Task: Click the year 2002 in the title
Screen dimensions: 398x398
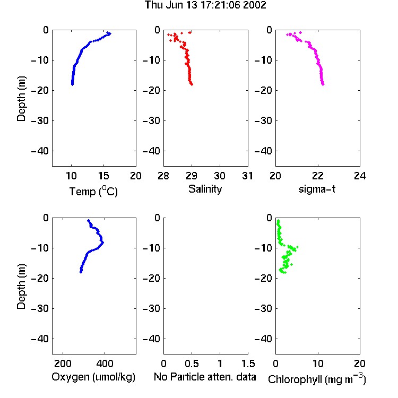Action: pyautogui.click(x=254, y=5)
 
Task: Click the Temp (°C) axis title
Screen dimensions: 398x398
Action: pyautogui.click(x=93, y=191)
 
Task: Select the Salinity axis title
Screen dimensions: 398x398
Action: pyautogui.click(x=205, y=189)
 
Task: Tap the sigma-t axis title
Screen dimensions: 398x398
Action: pyautogui.click(x=317, y=189)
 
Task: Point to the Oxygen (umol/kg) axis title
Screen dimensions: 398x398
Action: pyautogui.click(x=93, y=377)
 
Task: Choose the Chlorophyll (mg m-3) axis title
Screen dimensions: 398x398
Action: pyautogui.click(x=317, y=379)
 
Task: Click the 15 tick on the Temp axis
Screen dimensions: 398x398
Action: pyautogui.click(x=103, y=176)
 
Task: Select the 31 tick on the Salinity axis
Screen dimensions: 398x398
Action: pyautogui.click(x=247, y=176)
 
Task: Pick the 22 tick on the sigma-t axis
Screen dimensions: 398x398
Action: pyautogui.click(x=317, y=176)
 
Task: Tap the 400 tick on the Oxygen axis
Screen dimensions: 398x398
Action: pyautogui.click(x=105, y=364)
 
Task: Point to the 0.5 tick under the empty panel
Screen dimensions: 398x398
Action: pyautogui.click(x=192, y=364)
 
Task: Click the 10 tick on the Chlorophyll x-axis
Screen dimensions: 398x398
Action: pyautogui.click(x=317, y=364)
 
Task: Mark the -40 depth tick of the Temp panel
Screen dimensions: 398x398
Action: pyautogui.click(x=40, y=151)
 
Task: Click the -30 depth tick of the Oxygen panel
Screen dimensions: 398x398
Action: pyautogui.click(x=40, y=308)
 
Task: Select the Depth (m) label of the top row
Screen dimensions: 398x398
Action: pyautogui.click(x=21, y=99)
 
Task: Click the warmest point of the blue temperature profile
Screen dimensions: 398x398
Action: pyautogui.click(x=109, y=33)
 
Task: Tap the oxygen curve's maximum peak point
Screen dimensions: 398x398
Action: pyautogui.click(x=102, y=243)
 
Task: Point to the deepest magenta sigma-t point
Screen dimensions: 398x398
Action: pyautogui.click(x=323, y=84)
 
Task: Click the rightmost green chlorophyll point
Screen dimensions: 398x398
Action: pyautogui.click(x=297, y=247)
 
